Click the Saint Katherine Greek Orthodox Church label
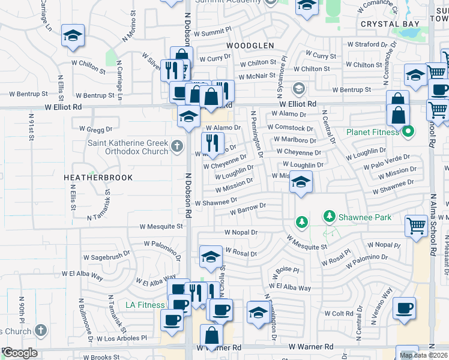(x=128, y=147)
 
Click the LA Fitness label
(x=145, y=305)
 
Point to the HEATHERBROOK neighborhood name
(x=98, y=178)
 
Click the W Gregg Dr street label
(x=96, y=129)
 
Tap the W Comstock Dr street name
(x=291, y=128)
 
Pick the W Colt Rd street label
(x=342, y=313)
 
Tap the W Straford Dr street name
(x=372, y=44)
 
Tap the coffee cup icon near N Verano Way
(x=404, y=308)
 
